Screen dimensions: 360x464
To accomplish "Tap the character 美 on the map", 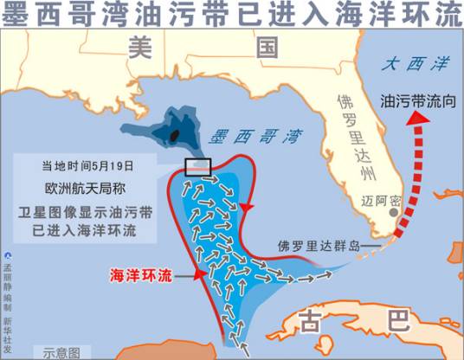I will (x=139, y=49).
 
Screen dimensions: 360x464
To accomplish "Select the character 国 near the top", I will (x=266, y=49).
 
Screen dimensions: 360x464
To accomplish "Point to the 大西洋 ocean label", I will (x=405, y=63).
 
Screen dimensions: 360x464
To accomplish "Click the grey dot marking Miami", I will (x=394, y=211).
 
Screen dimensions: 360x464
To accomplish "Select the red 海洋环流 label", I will (x=142, y=275).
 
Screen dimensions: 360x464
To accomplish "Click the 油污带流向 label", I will (x=415, y=100).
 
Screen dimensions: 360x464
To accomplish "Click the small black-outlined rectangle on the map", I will (x=198, y=167).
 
